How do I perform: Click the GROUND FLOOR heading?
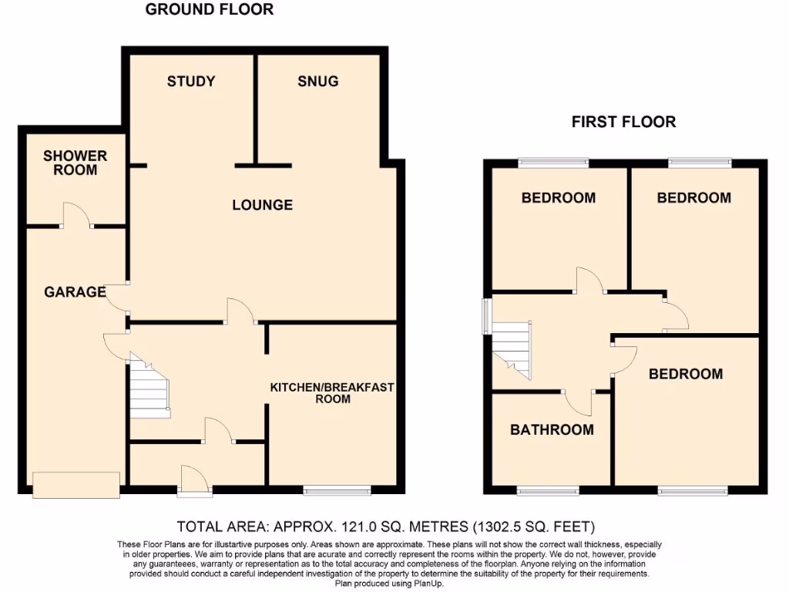tap(210, 10)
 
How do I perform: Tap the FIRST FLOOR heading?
tap(623, 122)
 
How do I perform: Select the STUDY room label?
tap(191, 81)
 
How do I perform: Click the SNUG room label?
tap(317, 81)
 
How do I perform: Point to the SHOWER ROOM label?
tap(75, 163)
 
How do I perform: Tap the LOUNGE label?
tap(263, 205)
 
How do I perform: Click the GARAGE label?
tap(75, 292)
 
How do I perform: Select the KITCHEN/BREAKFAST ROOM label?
tap(331, 392)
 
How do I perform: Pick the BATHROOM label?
tap(552, 429)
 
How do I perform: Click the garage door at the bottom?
tap(76, 484)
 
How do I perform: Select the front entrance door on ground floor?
tap(193, 479)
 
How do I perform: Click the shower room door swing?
tap(76, 215)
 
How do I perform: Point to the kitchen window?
tap(337, 489)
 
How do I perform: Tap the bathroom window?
tap(547, 490)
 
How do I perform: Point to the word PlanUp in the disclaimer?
tap(426, 584)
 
